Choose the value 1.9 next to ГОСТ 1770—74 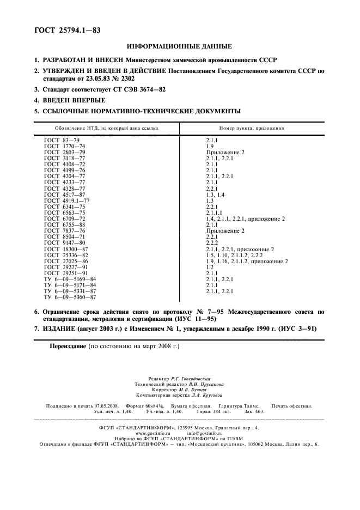pyautogui.click(x=209, y=147)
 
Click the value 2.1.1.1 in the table pyautogui.click(x=214, y=213)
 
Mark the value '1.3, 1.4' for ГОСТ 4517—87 pyautogui.click(x=213, y=195)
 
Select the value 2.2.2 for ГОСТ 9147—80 pyautogui.click(x=211, y=243)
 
